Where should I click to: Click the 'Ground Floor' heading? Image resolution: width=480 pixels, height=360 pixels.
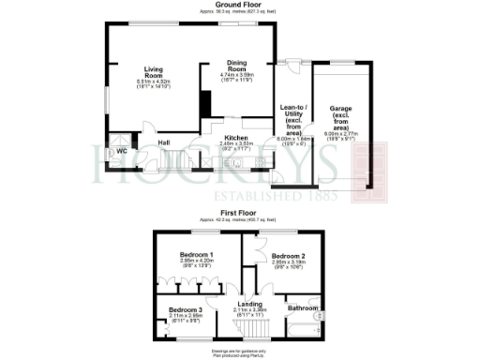(x=239, y=5)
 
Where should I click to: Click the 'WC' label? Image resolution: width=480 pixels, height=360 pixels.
(x=121, y=150)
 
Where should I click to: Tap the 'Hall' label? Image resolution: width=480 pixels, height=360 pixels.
(x=163, y=142)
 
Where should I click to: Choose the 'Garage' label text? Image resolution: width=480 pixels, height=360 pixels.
(x=340, y=108)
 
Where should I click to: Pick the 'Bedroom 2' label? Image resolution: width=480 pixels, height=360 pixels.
(x=289, y=254)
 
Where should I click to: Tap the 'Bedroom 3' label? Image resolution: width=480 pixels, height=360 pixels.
(x=185, y=309)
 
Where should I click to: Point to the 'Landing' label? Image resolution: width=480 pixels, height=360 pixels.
(x=249, y=302)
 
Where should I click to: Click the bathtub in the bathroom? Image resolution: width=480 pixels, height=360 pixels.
(x=305, y=328)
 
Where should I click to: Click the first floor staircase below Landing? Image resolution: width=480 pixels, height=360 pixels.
(x=249, y=327)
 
